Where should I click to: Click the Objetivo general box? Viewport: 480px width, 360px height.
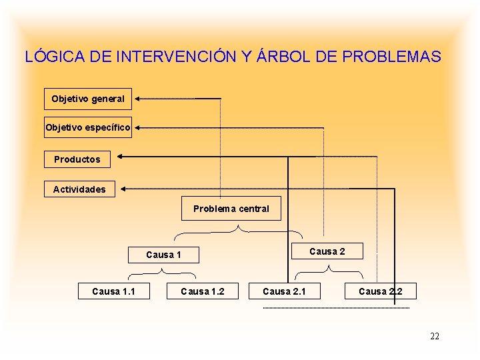pyautogui.click(x=88, y=99)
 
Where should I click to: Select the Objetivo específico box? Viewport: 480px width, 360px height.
pyautogui.click(x=88, y=126)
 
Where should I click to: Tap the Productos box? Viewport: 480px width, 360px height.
pyautogui.click(x=77, y=159)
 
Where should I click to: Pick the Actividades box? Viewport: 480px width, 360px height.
pyautogui.click(x=79, y=189)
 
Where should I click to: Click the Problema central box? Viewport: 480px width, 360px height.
pyautogui.click(x=231, y=209)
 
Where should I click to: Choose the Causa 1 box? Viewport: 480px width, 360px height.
pyautogui.click(x=163, y=254)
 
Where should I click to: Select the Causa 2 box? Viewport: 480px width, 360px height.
pyautogui.click(x=327, y=251)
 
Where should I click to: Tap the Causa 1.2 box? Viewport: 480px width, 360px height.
pyautogui.click(x=203, y=291)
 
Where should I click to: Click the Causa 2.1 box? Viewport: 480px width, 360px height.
pyautogui.click(x=285, y=291)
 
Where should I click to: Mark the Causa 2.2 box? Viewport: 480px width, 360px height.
pyautogui.click(x=380, y=291)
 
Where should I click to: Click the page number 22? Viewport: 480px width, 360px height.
pyautogui.click(x=435, y=336)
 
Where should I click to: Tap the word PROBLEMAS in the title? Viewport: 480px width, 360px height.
pyautogui.click(x=391, y=57)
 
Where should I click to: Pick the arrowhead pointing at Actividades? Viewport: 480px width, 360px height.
pyautogui.click(x=124, y=189)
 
